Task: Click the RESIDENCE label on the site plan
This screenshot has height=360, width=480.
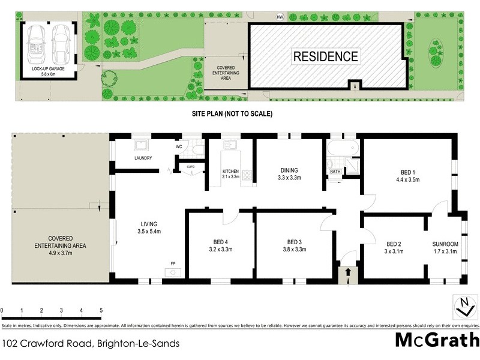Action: [x=325, y=57]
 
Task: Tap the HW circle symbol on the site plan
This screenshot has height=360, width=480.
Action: [x=280, y=17]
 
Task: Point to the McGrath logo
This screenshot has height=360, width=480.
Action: [x=436, y=340]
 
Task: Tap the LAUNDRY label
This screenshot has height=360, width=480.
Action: [x=143, y=158]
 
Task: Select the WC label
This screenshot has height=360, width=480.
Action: [x=179, y=146]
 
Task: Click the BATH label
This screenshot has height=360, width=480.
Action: [x=334, y=172]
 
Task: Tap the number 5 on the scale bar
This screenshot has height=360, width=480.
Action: [x=101, y=310]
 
